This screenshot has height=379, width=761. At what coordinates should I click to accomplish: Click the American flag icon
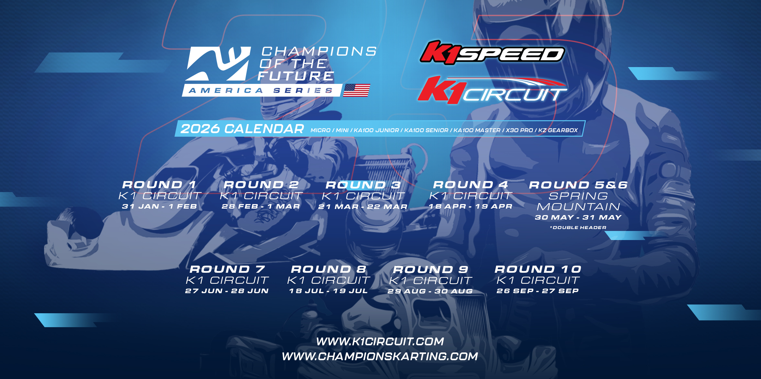(x=357, y=90)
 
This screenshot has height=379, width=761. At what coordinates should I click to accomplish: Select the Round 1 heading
(x=159, y=185)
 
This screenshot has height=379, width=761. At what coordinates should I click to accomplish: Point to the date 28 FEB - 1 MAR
(x=261, y=206)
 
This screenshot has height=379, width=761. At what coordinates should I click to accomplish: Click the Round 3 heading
(x=363, y=185)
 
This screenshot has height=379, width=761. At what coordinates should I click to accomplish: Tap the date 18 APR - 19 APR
(x=471, y=206)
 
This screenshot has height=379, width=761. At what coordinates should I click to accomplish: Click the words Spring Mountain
(x=578, y=201)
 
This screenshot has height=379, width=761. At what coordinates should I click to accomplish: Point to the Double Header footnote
(x=578, y=228)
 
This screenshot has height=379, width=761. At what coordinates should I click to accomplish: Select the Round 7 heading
(x=227, y=269)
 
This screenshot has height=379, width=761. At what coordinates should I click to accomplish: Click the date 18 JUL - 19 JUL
(x=328, y=291)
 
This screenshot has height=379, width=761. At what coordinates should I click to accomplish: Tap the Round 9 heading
(x=431, y=270)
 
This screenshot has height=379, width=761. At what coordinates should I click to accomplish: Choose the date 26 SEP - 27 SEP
(x=538, y=291)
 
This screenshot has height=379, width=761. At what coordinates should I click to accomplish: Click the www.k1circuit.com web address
(x=380, y=341)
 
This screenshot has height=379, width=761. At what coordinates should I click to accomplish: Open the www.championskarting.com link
(x=380, y=356)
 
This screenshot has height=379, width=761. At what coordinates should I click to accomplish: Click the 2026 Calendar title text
(x=242, y=129)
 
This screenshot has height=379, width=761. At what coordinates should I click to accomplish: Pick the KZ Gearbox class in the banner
(x=558, y=130)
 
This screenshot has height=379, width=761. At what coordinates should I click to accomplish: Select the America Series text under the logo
(x=261, y=90)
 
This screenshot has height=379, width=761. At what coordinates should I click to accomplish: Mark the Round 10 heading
(x=538, y=269)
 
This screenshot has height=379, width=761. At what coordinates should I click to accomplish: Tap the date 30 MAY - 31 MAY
(x=578, y=217)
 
